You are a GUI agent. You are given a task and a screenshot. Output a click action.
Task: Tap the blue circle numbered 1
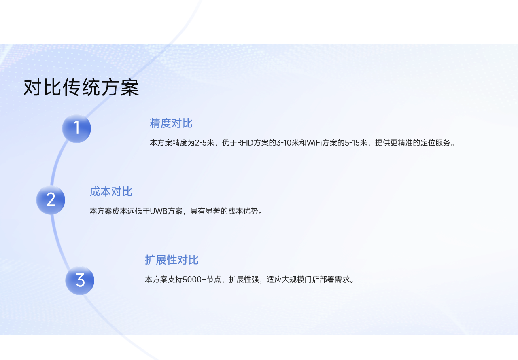coord(76,129)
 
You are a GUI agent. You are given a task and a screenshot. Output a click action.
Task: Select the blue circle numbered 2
coord(51,200)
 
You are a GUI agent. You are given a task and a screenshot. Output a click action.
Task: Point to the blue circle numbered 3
coord(80,280)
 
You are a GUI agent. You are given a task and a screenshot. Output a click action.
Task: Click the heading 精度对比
coord(171,123)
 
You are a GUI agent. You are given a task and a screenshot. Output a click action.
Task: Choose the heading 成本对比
coord(111,192)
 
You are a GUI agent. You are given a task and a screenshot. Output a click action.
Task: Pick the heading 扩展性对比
coord(172,260)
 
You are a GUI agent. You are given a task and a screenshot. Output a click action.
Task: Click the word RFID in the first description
coord(245,143)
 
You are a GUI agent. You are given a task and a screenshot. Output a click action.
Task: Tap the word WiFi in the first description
coord(314,143)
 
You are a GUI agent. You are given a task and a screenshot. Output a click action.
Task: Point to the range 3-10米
coord(288,143)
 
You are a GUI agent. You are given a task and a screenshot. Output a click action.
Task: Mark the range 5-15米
coord(356,143)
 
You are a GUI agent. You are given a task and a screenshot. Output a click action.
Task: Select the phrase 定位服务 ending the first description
coord(435,143)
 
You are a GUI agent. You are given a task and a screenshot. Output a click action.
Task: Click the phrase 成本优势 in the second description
coord(243,211)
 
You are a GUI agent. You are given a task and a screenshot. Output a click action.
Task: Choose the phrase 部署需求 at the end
coord(335,280)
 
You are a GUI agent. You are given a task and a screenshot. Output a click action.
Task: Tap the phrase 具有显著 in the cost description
coord(205,211)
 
